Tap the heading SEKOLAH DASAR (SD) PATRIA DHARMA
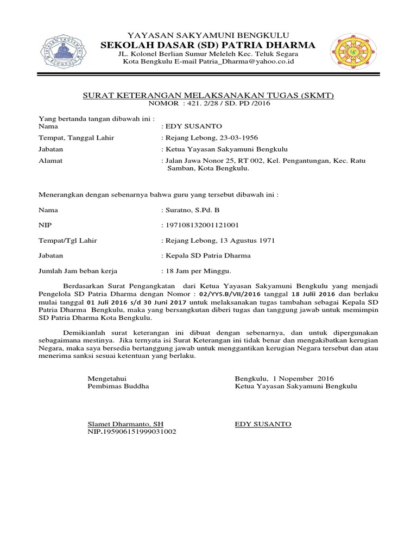[x=208, y=45]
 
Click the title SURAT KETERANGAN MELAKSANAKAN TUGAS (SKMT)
[x=208, y=96]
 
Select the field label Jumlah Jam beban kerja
[x=78, y=270]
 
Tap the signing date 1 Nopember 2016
[x=303, y=378]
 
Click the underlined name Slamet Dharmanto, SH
[x=125, y=424]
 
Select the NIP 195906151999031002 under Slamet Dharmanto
[x=132, y=432]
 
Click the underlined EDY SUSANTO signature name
[x=263, y=424]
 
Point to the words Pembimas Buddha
[x=118, y=386]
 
